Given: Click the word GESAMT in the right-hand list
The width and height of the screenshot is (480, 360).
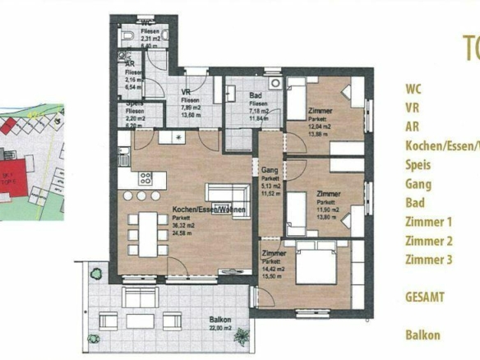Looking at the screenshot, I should (426, 297).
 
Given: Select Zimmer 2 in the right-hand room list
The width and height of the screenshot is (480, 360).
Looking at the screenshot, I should (428, 241).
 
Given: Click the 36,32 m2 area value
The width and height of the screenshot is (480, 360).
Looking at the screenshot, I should (186, 225).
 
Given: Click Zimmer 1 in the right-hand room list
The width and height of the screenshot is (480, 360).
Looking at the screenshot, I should (428, 222).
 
